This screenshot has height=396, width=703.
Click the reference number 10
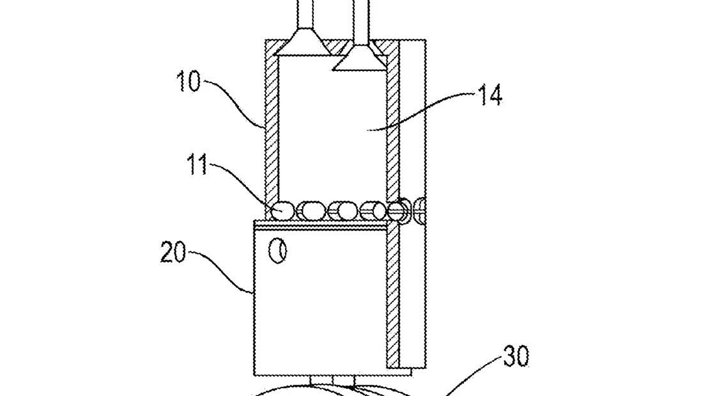coord(188,81)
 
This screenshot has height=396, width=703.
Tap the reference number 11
coord(197,165)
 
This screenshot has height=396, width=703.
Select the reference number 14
coord(490,96)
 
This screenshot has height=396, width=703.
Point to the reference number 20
coord(173,252)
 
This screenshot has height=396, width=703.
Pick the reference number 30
coord(516,356)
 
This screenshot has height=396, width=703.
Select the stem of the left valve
coord(304,14)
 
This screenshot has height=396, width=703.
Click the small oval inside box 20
coord(277,251)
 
